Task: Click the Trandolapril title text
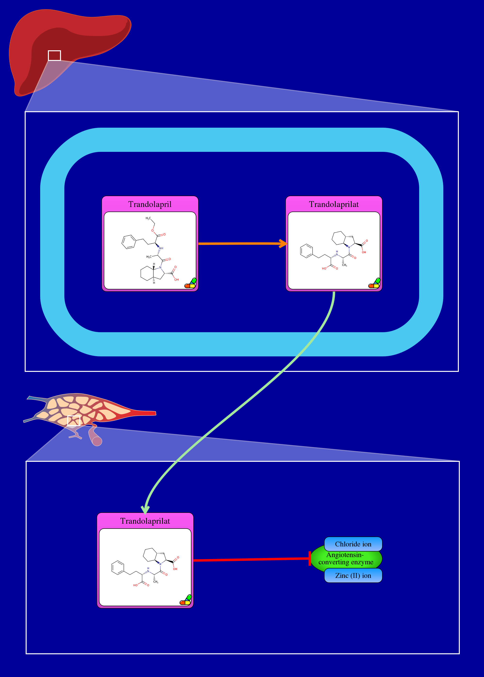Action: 150,204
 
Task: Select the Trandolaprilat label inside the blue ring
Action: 334,204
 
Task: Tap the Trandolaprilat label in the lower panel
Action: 145,521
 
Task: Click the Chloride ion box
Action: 353,544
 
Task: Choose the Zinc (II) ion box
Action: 353,575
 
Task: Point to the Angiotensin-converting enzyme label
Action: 346,559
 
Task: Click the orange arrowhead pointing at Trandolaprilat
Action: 283,243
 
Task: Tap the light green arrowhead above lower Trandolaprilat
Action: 145,509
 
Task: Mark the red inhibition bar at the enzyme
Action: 310,558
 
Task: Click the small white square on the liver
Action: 54,56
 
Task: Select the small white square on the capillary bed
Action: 74,421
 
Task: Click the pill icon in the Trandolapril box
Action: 190,283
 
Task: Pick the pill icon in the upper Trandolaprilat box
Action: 374,283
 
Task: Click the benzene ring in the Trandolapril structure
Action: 129,242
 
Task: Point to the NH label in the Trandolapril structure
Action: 161,248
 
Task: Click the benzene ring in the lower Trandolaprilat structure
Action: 118,568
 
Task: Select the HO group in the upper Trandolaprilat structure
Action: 324,269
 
